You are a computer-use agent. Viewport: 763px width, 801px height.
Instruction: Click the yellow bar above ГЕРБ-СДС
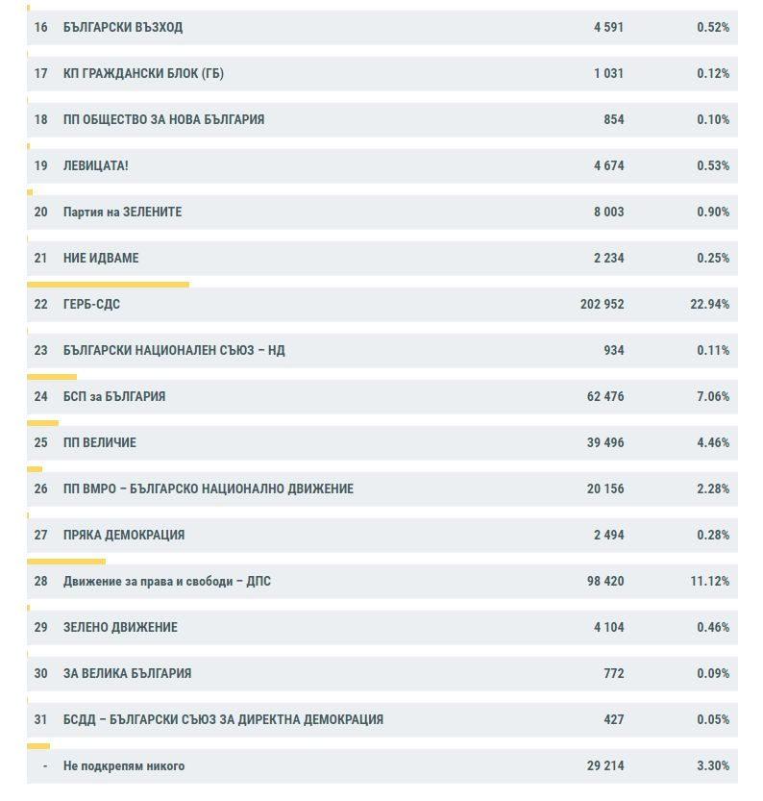(109, 285)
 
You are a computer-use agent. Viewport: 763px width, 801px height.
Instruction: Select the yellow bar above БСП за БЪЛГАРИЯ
(52, 377)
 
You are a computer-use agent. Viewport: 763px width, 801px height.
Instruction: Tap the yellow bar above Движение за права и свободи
(66, 562)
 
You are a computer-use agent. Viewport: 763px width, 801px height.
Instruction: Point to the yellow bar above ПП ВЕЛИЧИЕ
(43, 423)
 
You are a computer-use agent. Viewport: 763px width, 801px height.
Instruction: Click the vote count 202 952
(602, 305)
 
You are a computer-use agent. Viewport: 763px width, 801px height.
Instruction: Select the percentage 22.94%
(709, 305)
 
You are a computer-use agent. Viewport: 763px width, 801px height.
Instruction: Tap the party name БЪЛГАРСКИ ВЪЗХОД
(122, 27)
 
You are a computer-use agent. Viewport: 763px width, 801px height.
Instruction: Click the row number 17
(40, 73)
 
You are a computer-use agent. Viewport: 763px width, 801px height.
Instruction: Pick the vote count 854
(613, 119)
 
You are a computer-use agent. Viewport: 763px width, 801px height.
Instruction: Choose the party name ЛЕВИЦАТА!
(95, 165)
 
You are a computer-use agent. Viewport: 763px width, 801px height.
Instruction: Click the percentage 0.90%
(713, 212)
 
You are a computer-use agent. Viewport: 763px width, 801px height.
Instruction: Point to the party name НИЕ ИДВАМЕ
(101, 258)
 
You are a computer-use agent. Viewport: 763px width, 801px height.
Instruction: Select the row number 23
(40, 350)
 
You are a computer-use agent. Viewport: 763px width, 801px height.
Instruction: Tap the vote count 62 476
(605, 396)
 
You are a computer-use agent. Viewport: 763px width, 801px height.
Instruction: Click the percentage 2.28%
(713, 488)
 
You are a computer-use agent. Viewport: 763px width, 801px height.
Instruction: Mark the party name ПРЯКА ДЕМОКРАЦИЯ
(124, 535)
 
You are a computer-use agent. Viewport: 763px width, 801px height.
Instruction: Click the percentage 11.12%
(709, 582)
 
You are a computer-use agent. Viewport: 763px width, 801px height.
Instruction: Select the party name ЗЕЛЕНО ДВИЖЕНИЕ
(120, 627)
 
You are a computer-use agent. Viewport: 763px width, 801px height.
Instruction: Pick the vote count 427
(613, 720)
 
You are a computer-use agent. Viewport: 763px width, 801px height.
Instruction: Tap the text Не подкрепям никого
(124, 765)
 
